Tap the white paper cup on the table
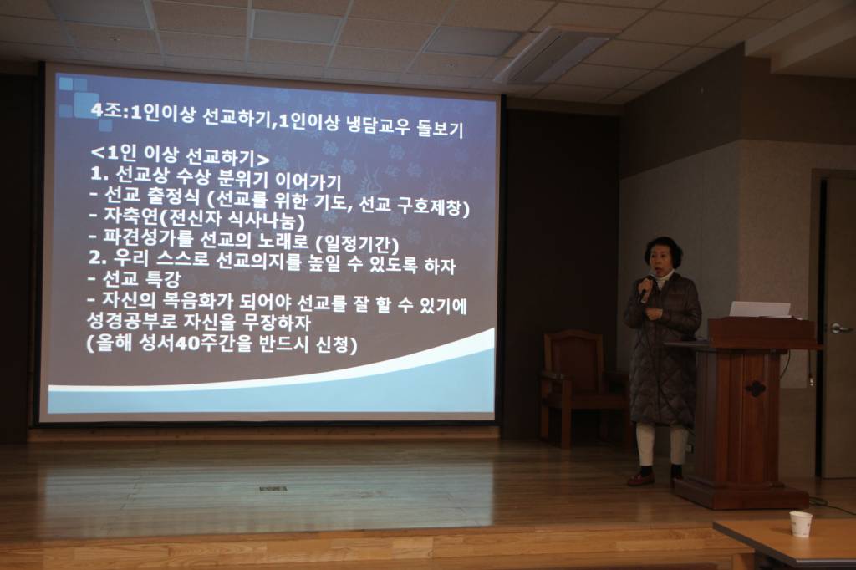click(x=801, y=524)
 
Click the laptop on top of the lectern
click(x=760, y=309)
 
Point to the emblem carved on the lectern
click(x=756, y=389)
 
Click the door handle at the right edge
click(x=840, y=328)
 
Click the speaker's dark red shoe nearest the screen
click(x=641, y=479)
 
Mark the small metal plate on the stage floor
click(x=273, y=488)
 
